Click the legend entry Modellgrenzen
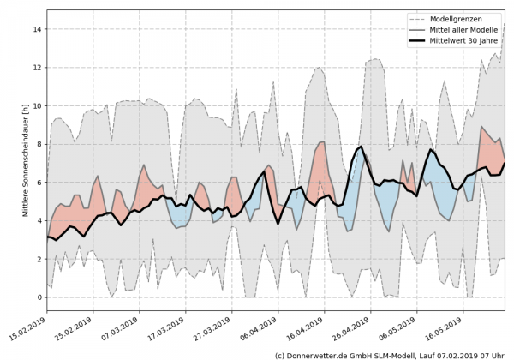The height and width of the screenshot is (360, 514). click(x=466, y=18)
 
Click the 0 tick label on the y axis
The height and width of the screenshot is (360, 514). click(x=39, y=297)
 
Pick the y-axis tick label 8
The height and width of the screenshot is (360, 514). click(x=39, y=144)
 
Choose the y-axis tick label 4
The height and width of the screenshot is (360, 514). click(x=39, y=221)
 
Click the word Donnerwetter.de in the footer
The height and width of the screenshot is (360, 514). click(x=321, y=354)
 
